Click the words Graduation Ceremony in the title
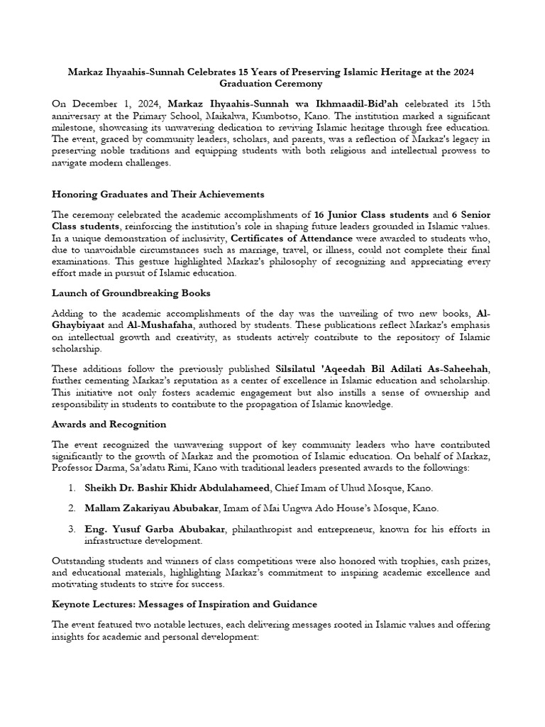pos(272,83)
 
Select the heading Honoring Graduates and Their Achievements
pos(158,194)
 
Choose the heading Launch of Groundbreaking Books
pos(131,292)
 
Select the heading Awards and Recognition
pos(109,424)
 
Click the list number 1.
pos(72,488)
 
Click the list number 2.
pos(72,508)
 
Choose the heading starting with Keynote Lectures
pos(185,604)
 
